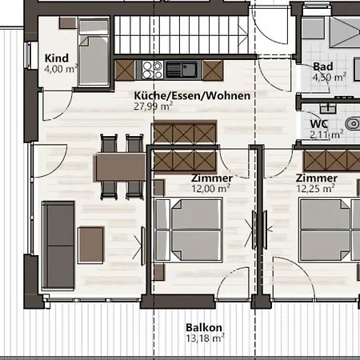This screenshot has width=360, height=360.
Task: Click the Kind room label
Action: [57, 58]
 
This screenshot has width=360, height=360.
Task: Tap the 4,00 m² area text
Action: [61, 69]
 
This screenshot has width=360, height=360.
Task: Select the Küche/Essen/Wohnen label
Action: [192, 95]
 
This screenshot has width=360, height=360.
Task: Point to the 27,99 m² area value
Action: [153, 106]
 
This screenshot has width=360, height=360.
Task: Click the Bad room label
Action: [323, 66]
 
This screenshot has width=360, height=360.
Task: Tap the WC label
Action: [319, 124]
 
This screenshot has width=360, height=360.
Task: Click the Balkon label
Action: [204, 327]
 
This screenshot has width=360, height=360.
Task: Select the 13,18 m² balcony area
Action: [205, 338]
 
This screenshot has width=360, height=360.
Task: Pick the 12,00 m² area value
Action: [210, 189]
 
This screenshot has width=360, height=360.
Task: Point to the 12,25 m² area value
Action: [315, 189]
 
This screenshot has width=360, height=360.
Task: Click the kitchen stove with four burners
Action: [152, 70]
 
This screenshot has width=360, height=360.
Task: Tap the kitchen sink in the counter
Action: [183, 70]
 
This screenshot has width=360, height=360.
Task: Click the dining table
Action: [120, 167]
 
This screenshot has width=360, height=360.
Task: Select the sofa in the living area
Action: [58, 246]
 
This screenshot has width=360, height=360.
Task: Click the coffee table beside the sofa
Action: [90, 245]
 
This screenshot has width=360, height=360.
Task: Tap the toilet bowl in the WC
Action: [353, 124]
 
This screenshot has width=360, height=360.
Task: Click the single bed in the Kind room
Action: [94, 52]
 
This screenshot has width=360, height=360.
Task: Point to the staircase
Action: [182, 35]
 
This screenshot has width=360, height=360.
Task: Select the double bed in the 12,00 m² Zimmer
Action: [189, 230]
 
